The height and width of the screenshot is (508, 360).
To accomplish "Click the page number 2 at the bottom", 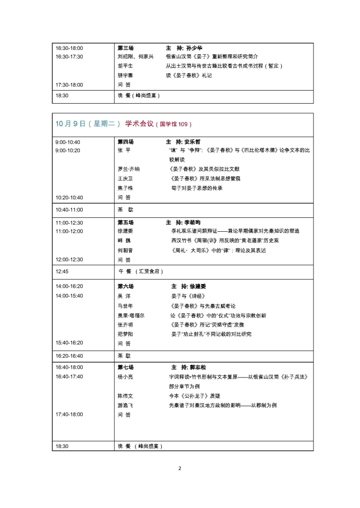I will pos(180,468).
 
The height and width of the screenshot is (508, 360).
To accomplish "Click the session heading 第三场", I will pos(126,48).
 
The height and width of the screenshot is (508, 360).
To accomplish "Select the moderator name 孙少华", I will pos(194,48).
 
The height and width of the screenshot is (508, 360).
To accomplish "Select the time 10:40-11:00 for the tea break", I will pos(69,210).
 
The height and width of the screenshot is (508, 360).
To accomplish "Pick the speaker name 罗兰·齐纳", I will pos(129,169).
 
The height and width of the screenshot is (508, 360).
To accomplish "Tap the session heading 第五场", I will pos(126,223).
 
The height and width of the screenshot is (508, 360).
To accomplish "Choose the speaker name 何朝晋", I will pos(125,250).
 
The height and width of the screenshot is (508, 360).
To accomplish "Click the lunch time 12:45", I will pos(62,272).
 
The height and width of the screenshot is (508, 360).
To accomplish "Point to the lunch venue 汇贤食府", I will pos(151,272).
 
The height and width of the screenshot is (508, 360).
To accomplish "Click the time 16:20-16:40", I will pos(69,356).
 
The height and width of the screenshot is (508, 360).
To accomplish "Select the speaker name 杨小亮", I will pos(125,377).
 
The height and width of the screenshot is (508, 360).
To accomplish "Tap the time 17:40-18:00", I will pos(69,414).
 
